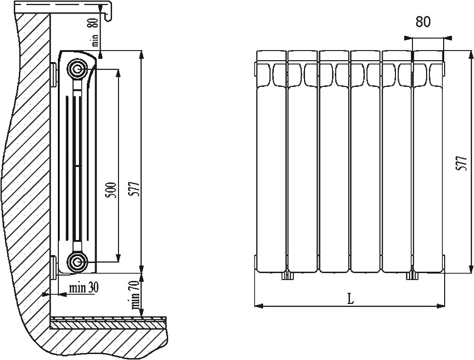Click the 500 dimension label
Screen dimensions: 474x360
click(112, 189)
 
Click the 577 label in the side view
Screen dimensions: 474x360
click(135, 189)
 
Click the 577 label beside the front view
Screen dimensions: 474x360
click(463, 164)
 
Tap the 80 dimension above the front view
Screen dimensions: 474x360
click(423, 22)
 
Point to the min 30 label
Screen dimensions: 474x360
click(84, 288)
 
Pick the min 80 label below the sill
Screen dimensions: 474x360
click(94, 32)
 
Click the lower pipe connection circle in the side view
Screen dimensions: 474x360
click(77, 262)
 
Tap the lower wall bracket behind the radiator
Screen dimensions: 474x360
click(54, 267)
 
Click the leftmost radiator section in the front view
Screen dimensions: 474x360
click(271, 161)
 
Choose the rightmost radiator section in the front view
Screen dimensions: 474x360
click(428, 161)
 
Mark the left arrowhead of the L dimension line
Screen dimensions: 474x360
click(258, 306)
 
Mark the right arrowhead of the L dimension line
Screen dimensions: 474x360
click(442, 306)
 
